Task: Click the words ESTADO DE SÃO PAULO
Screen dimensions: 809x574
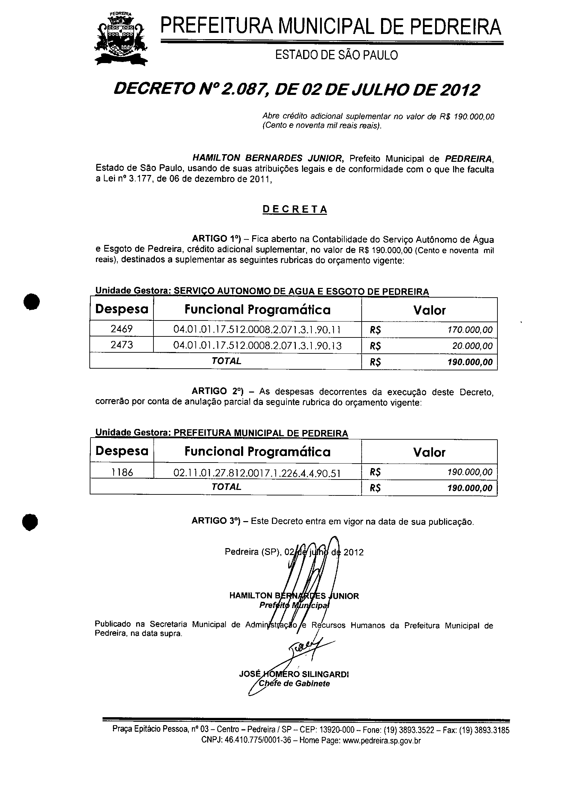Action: (x=336, y=55)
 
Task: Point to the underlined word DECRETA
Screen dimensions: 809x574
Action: (x=295, y=210)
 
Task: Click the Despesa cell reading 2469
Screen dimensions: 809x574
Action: (x=122, y=329)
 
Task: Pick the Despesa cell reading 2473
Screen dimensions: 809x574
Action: (x=122, y=345)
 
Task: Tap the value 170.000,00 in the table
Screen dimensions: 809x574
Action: (x=470, y=330)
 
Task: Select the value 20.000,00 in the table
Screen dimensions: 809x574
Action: (x=472, y=346)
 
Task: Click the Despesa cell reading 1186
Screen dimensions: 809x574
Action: (x=122, y=472)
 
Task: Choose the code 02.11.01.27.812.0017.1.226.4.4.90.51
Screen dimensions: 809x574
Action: (x=257, y=473)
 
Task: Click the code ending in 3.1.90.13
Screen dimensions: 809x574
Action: (x=257, y=345)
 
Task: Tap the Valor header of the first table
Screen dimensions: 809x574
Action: (x=430, y=310)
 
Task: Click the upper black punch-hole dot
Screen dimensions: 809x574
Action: (x=32, y=302)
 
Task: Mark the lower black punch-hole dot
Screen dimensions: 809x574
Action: (x=30, y=522)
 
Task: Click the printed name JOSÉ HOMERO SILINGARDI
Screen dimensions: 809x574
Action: (x=294, y=674)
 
